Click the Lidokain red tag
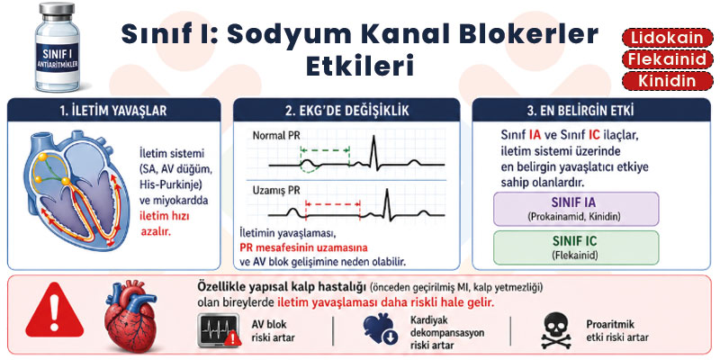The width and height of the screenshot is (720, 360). (x=667, y=37)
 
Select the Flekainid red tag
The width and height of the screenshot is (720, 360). (x=667, y=59)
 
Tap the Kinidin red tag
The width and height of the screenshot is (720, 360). (x=667, y=81)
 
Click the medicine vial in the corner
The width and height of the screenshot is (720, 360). (x=58, y=47)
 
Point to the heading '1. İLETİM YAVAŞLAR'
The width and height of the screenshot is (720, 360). (x=113, y=111)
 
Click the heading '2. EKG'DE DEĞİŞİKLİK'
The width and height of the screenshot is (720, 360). (x=346, y=111)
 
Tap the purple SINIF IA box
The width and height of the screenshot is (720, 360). (x=576, y=209)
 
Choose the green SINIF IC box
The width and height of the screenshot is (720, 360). (x=576, y=247)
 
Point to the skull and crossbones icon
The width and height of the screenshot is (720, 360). (x=556, y=330)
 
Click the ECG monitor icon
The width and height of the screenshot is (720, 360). (x=219, y=330)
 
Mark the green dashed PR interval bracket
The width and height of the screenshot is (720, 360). (x=325, y=150)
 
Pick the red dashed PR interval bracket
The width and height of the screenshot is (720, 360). (x=333, y=204)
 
